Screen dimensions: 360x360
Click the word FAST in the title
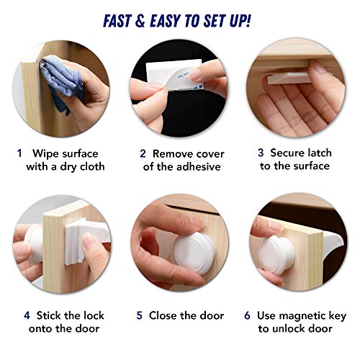(x=117, y=21)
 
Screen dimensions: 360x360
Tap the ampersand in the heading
(x=140, y=21)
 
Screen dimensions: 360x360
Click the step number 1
(x=19, y=153)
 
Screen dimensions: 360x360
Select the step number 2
(x=143, y=153)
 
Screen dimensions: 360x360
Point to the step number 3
(x=261, y=153)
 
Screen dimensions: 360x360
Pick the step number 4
(x=27, y=315)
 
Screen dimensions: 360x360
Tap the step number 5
(x=140, y=315)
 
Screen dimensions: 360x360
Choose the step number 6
(x=248, y=315)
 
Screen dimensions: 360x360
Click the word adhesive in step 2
(x=197, y=166)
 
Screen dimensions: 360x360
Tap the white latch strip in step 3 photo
(x=289, y=78)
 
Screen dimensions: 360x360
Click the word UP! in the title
(x=240, y=21)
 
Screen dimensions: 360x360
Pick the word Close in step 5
(x=163, y=315)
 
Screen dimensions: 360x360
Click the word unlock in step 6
(x=288, y=328)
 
